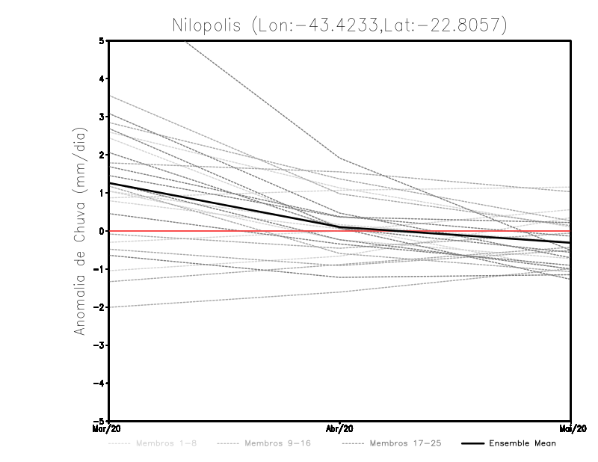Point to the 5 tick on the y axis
coord(102,40)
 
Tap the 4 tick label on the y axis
coord(102,78)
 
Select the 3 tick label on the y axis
coord(102,117)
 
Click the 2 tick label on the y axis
coord(102,155)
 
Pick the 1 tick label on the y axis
coord(102,193)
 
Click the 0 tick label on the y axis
coord(102,231)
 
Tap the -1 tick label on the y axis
coord(99,269)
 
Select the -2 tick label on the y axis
coord(99,307)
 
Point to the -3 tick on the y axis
coord(99,345)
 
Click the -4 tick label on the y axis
coord(99,384)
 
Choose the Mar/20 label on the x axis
coord(108,429)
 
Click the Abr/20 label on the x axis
coord(340,429)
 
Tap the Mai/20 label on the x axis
coord(570,429)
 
